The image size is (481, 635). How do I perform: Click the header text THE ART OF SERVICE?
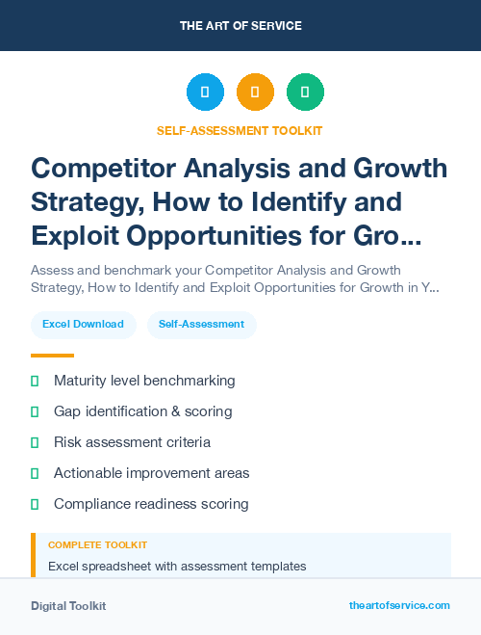[240, 26]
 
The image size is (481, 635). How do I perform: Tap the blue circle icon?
[205, 93]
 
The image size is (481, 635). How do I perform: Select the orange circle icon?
[255, 93]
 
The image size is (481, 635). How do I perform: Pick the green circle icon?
[305, 93]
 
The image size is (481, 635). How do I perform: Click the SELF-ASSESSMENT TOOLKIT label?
[240, 130]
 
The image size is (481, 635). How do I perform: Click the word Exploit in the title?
[80, 235]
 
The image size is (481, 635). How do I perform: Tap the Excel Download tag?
[83, 324]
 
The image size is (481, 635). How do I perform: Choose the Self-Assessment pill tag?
[201, 324]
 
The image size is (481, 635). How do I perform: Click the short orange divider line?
[52, 356]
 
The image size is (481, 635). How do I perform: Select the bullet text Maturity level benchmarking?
[144, 381]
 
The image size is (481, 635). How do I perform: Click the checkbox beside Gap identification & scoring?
[35, 411]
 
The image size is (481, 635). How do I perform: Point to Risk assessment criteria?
[132, 442]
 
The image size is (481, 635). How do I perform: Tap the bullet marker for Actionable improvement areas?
[35, 473]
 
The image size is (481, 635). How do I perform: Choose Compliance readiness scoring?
[151, 504]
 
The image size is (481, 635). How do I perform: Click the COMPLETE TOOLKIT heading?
[97, 545]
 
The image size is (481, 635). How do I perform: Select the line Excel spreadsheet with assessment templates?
[177, 566]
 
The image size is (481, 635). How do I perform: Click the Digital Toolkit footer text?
[68, 606]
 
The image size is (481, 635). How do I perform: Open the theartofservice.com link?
[399, 605]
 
